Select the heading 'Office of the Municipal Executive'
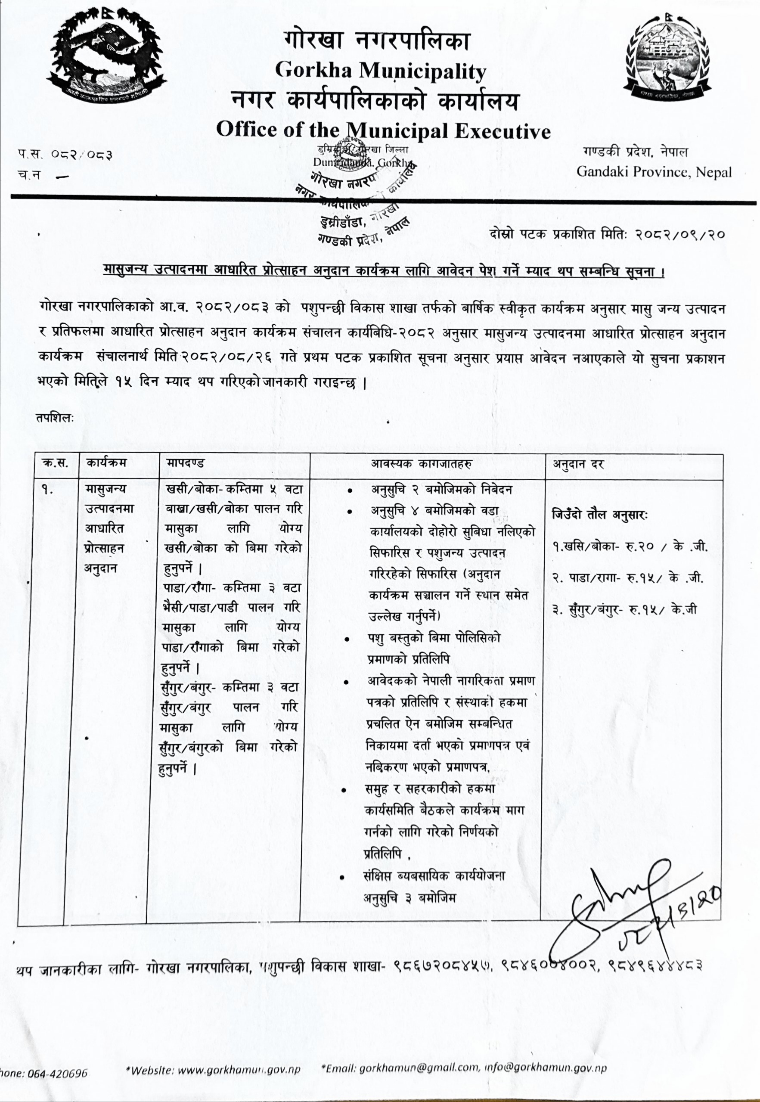[383, 130]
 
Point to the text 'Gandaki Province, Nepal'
[654, 171]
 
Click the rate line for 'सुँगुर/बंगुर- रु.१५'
[624, 609]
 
